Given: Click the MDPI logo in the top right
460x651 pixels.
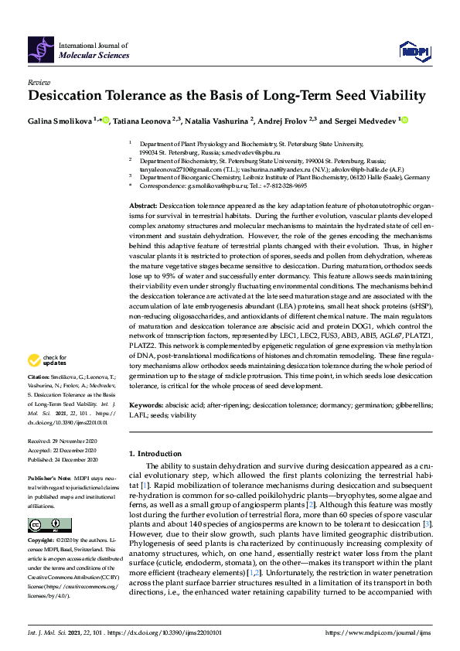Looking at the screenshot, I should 413,51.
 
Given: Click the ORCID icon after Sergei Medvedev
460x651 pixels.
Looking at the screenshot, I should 403,120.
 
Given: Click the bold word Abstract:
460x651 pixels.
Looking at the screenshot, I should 142,206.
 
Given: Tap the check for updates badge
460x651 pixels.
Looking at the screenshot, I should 47,360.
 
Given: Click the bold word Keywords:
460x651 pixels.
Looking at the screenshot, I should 145,405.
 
